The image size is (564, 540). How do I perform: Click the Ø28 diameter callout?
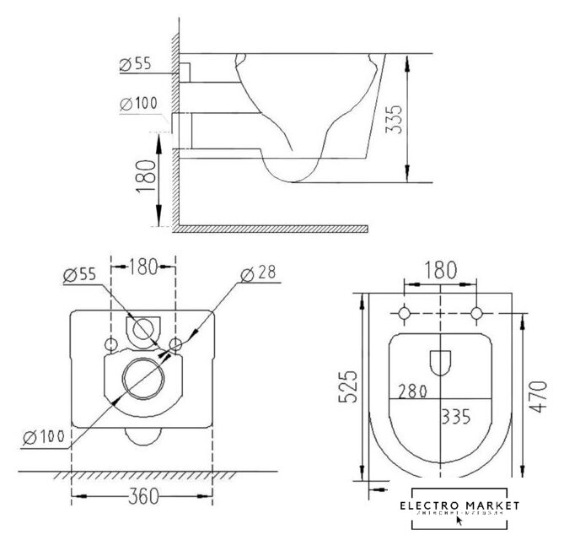[258, 273]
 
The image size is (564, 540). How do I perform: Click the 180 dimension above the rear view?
[143, 268]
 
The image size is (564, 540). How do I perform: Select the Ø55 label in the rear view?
[78, 273]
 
